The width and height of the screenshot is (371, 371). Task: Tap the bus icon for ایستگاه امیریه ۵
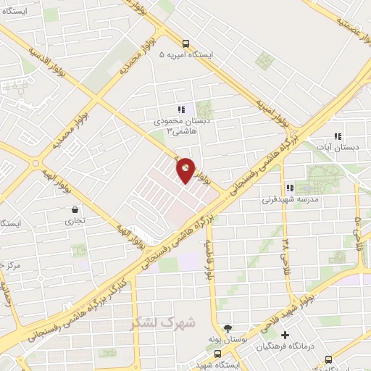tap(186, 43)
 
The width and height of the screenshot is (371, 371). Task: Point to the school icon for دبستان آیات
tap(337, 136)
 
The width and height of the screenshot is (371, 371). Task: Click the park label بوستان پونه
tap(235, 339)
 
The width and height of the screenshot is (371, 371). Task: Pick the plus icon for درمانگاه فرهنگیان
tap(285, 335)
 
